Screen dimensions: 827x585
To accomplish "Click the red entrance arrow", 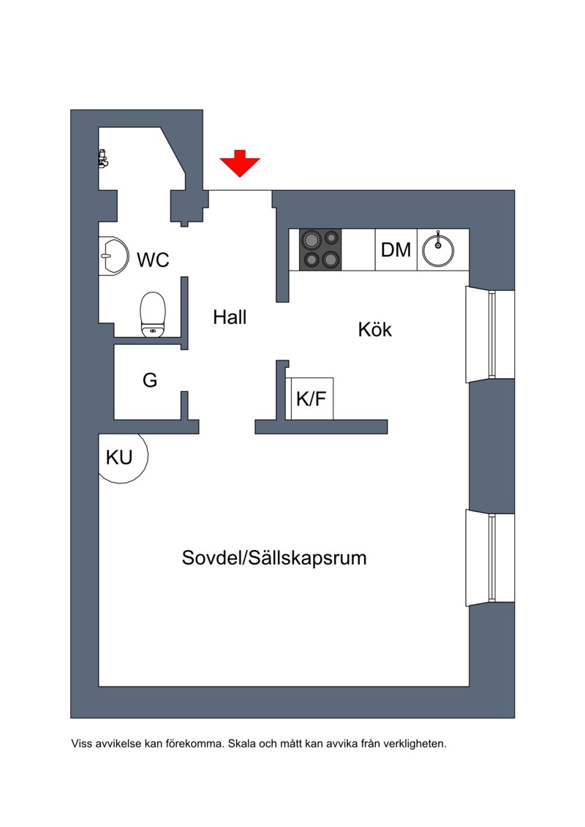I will point(240,163).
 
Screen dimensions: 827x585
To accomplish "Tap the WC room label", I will point(153,260).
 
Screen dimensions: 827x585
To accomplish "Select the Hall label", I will point(230,317).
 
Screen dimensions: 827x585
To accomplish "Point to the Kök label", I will point(375,330).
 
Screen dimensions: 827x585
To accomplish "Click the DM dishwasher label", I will point(396,250).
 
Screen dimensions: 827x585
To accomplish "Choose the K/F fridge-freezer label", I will point(311,399).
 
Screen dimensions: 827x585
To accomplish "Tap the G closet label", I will point(150,380).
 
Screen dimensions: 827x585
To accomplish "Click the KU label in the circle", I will point(119,458).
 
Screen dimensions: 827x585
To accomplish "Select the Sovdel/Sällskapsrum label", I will point(274,559).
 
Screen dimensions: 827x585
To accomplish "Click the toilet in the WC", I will point(153,314).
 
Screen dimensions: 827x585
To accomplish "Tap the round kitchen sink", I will point(438,250).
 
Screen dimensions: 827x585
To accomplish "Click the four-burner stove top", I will point(321,249).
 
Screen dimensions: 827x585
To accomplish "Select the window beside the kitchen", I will point(491,334).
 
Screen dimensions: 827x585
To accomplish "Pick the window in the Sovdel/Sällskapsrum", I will point(491,559).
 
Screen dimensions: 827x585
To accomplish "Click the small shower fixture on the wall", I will point(103,159).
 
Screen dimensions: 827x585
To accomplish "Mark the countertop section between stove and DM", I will point(359,250).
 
